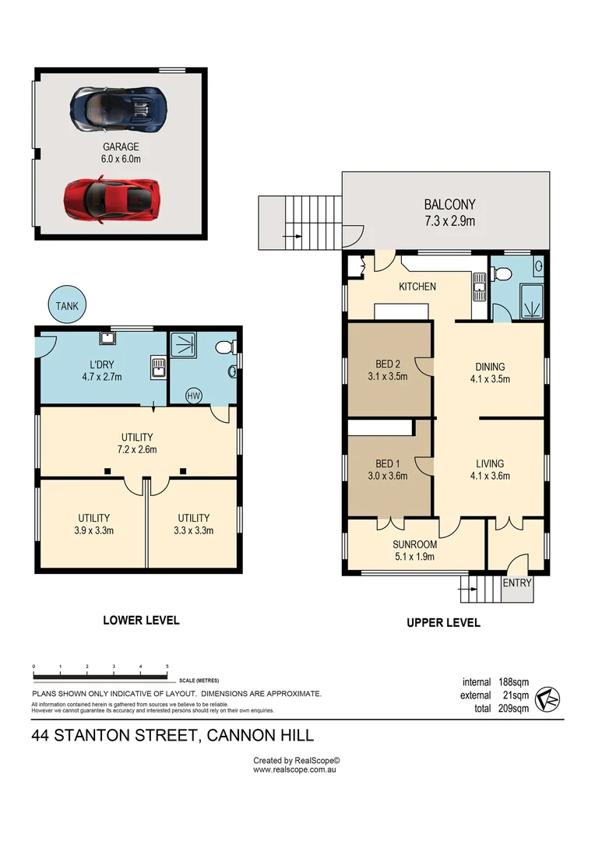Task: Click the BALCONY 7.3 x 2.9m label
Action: (x=449, y=213)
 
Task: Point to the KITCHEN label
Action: (x=417, y=287)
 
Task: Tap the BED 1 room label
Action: (x=388, y=470)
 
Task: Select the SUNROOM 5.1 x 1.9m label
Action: (x=414, y=551)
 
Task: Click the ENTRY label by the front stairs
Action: (x=517, y=583)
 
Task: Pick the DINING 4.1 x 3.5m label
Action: (x=490, y=373)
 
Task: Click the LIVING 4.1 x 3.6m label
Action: (x=490, y=470)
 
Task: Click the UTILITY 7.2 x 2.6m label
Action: (x=137, y=443)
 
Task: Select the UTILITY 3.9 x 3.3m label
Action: (x=93, y=524)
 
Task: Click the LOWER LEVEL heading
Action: (x=141, y=621)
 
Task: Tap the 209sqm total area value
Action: (x=513, y=709)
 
